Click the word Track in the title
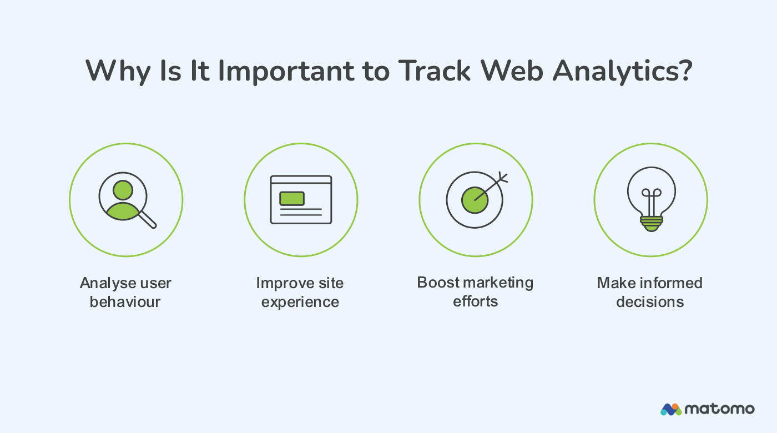[434, 71]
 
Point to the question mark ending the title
[685, 71]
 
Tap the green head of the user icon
[123, 190]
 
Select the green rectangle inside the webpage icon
[292, 198]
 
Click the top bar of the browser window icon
[301, 180]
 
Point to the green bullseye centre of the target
[475, 200]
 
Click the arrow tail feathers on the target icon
[502, 178]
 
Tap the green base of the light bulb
[651, 223]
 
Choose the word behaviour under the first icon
[125, 302]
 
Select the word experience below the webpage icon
[300, 302]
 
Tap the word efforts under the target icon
[476, 301]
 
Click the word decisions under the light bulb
[650, 302]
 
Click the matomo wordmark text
[720, 409]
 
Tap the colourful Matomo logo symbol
[671, 409]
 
